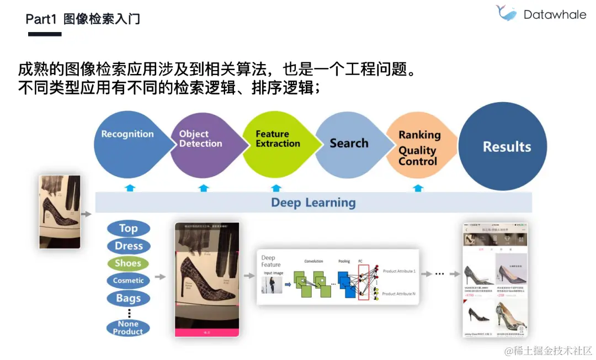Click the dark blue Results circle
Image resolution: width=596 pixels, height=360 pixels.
coord(507,147)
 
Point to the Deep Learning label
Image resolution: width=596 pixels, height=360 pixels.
coord(313,203)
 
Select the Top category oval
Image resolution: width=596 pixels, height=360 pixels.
coord(128,229)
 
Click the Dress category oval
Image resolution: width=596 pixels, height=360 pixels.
coord(129,246)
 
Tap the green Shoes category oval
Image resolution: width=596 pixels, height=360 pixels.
coord(128,263)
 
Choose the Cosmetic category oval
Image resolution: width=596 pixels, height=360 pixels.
coord(128,280)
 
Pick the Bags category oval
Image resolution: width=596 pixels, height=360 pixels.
coord(128,299)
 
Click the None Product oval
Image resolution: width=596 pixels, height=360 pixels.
coord(128,328)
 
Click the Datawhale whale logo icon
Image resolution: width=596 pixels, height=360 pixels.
coord(506,13)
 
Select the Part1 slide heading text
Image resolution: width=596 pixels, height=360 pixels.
coord(83,19)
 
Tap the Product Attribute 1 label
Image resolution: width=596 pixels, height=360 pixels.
coord(399,272)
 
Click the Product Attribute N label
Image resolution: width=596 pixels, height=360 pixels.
coord(399,294)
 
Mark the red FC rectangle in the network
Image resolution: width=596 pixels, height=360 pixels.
coord(364,282)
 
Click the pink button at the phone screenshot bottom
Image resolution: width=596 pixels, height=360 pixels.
coord(207,332)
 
